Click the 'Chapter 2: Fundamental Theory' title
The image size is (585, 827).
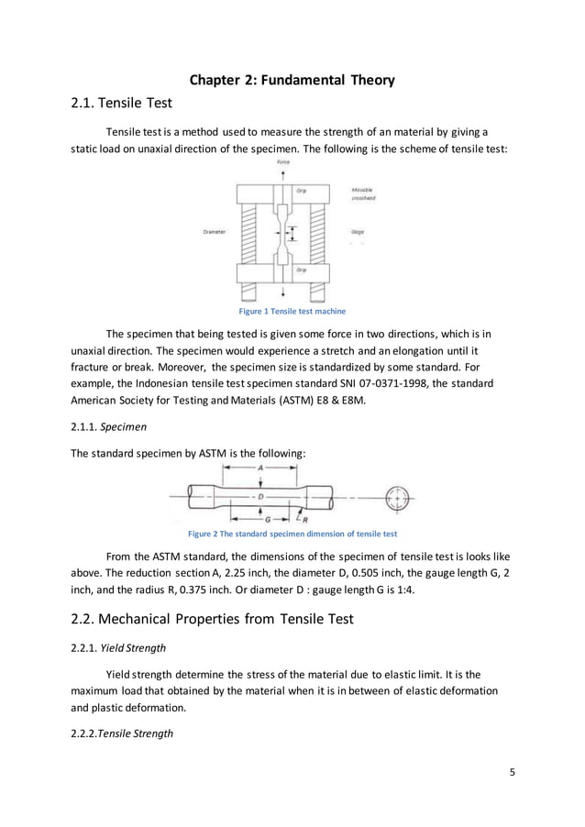point(292,81)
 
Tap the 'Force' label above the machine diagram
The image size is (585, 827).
point(283,162)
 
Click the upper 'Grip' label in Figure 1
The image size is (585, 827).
point(301,191)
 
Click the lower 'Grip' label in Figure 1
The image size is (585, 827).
point(301,270)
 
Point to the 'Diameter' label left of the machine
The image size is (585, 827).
point(215,232)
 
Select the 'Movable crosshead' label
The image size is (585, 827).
point(363,193)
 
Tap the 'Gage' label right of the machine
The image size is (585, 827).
point(358,232)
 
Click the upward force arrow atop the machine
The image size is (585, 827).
point(283,173)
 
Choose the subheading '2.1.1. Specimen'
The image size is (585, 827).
point(106,426)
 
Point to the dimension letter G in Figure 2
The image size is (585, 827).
point(266,518)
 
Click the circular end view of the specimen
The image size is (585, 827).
point(396,498)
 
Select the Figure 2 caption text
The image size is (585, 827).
point(292,534)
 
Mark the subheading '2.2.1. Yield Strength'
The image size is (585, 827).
point(118,647)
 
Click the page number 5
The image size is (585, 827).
point(513,771)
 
